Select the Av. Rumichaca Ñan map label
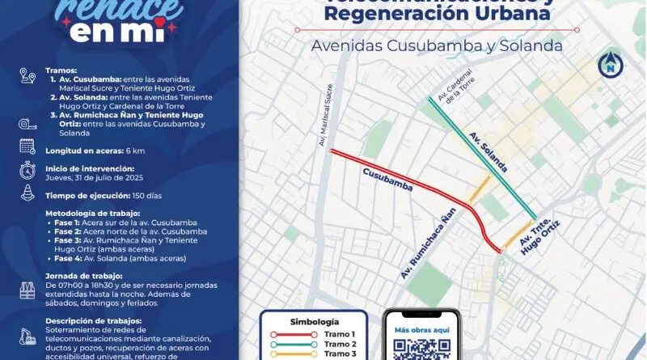428,243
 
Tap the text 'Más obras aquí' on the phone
421,329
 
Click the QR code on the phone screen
421,349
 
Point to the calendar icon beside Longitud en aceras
27,146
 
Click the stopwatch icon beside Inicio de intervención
27,169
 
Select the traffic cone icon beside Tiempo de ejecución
27,193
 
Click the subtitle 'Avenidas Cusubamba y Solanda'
437,46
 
